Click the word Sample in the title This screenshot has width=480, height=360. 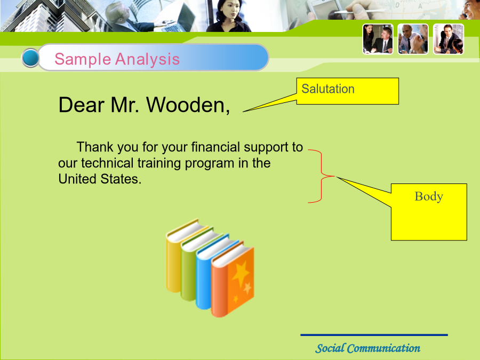point(82,59)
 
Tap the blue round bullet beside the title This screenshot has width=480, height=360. point(30,58)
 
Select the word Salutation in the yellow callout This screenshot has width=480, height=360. point(328,89)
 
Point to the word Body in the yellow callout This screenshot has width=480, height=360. point(429,196)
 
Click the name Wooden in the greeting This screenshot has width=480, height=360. point(188,105)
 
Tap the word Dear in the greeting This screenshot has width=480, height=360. point(82,105)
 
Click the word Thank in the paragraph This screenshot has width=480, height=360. point(94,147)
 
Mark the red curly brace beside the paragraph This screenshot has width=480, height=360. point(322,176)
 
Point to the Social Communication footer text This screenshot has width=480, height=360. point(367,348)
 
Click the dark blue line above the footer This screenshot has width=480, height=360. point(374,335)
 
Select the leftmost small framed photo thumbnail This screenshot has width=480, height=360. point(378,39)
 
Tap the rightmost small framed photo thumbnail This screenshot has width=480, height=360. point(449,39)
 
